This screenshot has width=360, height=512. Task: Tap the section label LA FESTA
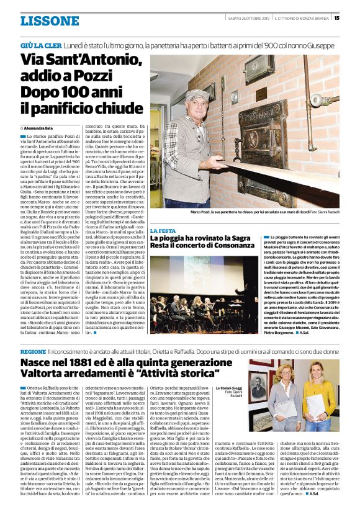click(163, 231)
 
